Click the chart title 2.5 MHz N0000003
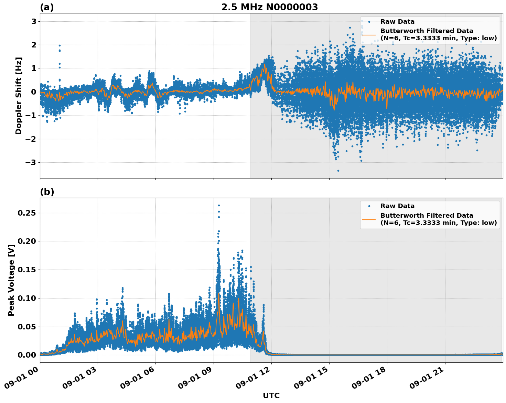[x=269, y=7]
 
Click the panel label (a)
[x=47, y=7]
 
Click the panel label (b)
[x=47, y=192]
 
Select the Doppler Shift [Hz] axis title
[x=19, y=96]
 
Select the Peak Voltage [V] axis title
[x=11, y=287]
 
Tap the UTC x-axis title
[x=271, y=395]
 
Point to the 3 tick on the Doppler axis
[x=34, y=21]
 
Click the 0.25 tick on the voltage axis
[x=27, y=213]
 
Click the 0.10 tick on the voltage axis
[x=27, y=298]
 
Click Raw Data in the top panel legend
[x=397, y=22]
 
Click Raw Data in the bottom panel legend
[x=397, y=206]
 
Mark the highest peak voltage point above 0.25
[x=219, y=205]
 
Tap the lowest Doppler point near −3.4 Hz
[x=338, y=171]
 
